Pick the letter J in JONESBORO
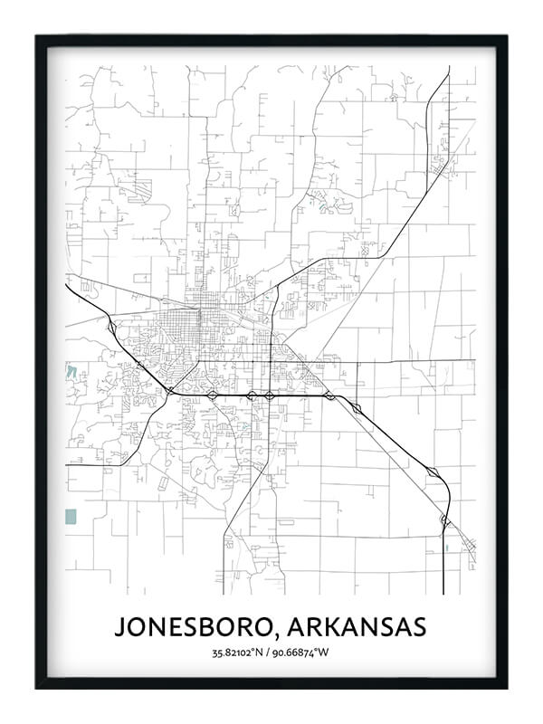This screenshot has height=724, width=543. pos(119,627)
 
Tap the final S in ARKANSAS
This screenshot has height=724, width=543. pos(419,627)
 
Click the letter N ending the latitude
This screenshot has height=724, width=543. pos(264,652)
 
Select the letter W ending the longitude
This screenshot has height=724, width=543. pos(329,652)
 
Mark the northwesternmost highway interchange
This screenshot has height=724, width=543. pos(110,325)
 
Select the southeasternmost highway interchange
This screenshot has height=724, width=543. pos(444,520)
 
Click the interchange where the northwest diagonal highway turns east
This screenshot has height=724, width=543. pos(170,390)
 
